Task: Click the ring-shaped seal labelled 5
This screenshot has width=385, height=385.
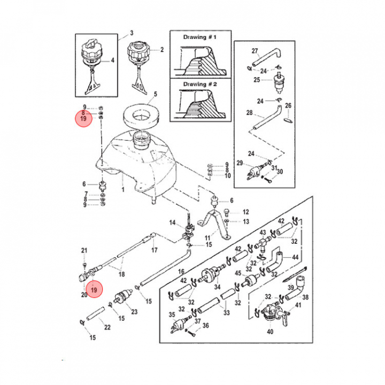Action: [142, 114]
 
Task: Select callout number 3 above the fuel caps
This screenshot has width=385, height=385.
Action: [132, 33]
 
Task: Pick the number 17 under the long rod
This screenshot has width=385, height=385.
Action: [154, 250]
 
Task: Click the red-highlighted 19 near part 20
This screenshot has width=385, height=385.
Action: [95, 289]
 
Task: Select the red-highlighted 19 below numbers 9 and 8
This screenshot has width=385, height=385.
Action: [83, 119]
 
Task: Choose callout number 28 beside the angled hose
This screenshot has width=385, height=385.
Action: [249, 113]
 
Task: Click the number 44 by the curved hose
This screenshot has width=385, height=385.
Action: [295, 257]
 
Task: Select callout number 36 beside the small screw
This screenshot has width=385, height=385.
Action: [205, 325]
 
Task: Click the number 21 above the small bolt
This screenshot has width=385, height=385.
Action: [83, 250]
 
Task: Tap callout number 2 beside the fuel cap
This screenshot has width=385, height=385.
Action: [161, 51]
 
